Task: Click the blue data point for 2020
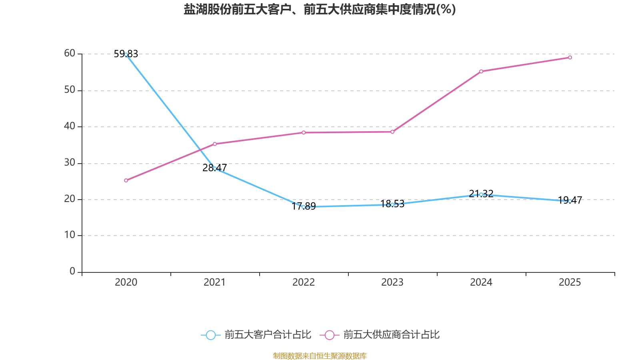click(126, 54)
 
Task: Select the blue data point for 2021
click(215, 168)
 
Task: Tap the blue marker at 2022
click(304, 207)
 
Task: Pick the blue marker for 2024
click(481, 194)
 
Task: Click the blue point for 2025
click(570, 201)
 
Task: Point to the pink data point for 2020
click(126, 180)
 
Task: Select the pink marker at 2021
click(215, 144)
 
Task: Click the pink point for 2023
click(392, 132)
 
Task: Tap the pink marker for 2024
click(481, 71)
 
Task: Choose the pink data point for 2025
click(570, 58)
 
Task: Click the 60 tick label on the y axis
click(70, 53)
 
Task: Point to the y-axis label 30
click(70, 162)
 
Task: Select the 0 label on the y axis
click(72, 271)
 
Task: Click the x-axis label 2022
click(304, 282)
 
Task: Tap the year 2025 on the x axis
click(570, 282)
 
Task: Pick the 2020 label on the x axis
click(126, 282)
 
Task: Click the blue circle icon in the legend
click(210, 335)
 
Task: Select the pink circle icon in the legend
click(329, 335)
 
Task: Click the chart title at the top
click(320, 9)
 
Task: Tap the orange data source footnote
click(320, 356)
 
